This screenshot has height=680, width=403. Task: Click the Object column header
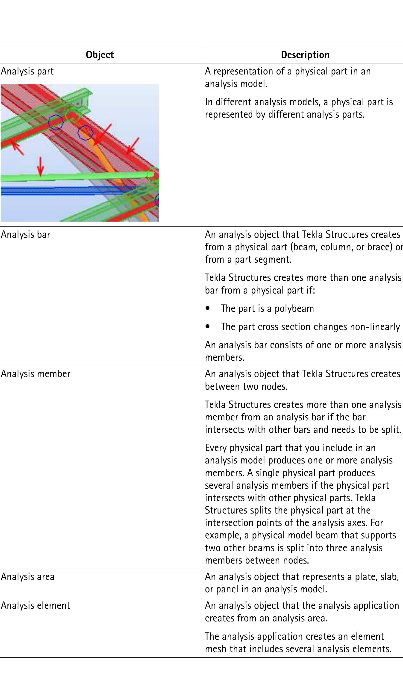[x=100, y=55]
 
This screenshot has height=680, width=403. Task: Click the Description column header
[x=305, y=55]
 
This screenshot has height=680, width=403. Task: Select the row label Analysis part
[x=27, y=71]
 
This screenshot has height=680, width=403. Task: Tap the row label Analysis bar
[x=26, y=235]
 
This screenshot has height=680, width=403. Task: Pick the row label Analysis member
[x=35, y=374]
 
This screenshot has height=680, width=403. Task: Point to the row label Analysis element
[x=35, y=605]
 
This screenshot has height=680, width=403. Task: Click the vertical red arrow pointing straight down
[x=41, y=166]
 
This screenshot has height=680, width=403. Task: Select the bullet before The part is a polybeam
[x=208, y=308]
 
